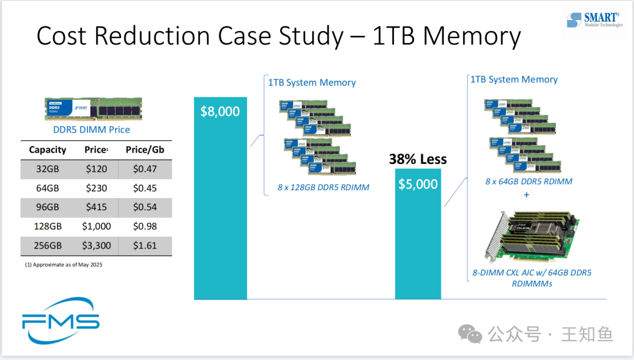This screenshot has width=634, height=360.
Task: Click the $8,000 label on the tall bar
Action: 220,112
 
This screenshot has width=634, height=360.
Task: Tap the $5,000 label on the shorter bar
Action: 418,184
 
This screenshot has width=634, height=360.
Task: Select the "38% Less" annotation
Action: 418,159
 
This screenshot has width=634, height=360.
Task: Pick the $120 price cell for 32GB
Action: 96,169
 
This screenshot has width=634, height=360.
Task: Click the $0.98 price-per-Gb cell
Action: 144,226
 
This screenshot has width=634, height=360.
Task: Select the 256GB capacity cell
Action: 48,245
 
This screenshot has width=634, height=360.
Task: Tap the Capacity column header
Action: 48,150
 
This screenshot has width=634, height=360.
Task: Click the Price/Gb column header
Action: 144,150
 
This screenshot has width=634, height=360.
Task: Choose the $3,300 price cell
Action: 96,245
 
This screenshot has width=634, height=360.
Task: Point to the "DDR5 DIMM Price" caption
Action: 87,130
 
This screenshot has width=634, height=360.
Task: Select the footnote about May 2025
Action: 63,265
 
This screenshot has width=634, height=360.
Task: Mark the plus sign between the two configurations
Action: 526,194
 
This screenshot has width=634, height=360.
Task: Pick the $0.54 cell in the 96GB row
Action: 144,207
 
